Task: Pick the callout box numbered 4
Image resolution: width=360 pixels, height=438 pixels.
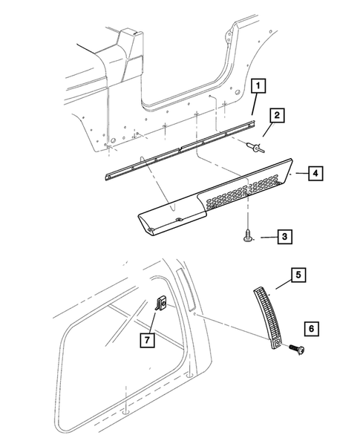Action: coord(315,173)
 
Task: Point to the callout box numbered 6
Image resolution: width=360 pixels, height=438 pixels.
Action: coord(310,327)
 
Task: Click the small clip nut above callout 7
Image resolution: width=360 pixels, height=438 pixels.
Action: coord(162,304)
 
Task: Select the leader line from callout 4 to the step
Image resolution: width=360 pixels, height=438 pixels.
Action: coord(301,173)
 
